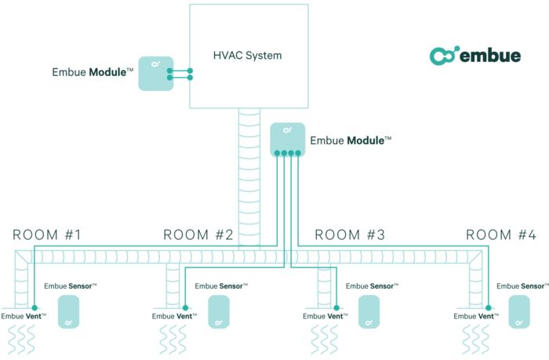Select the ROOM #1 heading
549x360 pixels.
[47, 235]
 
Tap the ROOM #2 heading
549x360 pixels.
[198, 235]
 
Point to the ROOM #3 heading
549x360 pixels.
[350, 235]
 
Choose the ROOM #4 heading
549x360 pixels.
[501, 235]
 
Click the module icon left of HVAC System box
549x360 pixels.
[155, 73]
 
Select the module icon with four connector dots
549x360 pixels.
[287, 139]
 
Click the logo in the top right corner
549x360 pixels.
[474, 56]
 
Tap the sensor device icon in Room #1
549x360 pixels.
[68, 311]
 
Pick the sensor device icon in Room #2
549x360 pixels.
[219, 311]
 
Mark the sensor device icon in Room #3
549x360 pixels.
[369, 311]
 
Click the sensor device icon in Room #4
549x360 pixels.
[518, 311]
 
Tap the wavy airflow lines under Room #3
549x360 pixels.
[324, 340]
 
